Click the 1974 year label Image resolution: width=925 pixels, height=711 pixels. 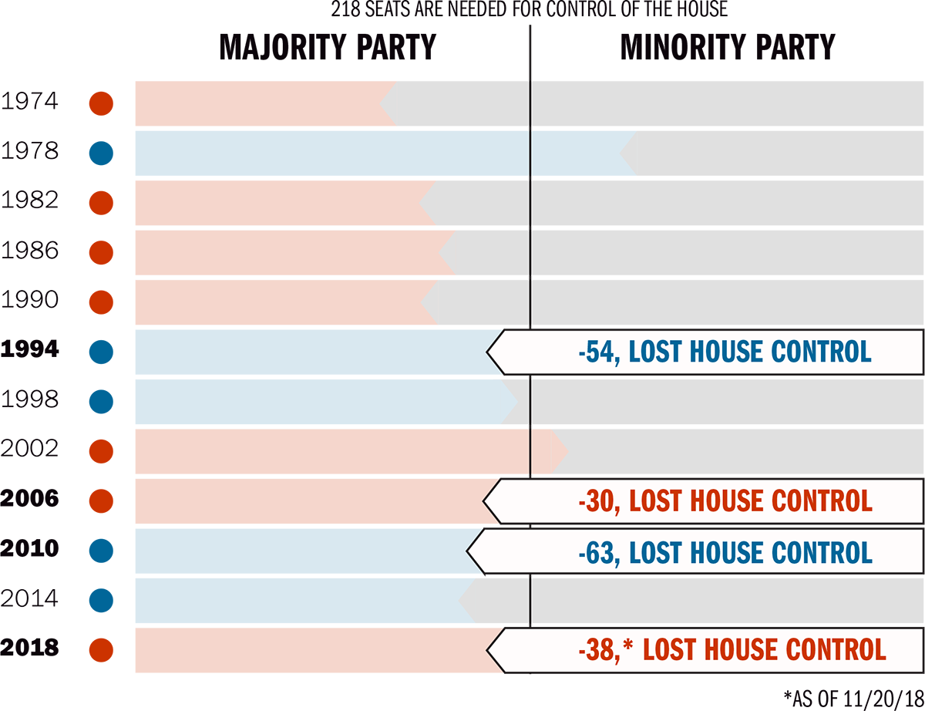click(29, 101)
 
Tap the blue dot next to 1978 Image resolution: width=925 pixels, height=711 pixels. click(101, 153)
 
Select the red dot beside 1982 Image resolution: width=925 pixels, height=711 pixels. click(101, 203)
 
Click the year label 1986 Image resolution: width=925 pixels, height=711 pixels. click(29, 250)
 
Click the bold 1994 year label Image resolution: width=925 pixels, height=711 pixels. click(29, 349)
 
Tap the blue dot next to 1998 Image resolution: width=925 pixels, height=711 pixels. click(101, 402)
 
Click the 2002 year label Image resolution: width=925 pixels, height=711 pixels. click(29, 449)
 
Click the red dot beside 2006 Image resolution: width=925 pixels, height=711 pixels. click(101, 501)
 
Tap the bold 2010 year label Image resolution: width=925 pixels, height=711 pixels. click(29, 548)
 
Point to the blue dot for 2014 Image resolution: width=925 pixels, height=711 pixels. click(101, 601)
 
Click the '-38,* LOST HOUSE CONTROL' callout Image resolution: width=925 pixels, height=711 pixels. click(731, 649)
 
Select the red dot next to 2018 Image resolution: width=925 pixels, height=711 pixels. click(101, 650)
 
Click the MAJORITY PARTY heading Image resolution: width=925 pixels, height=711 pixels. click(327, 48)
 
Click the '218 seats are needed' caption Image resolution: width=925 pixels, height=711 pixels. click(530, 11)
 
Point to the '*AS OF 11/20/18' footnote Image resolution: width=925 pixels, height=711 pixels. click(853, 699)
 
